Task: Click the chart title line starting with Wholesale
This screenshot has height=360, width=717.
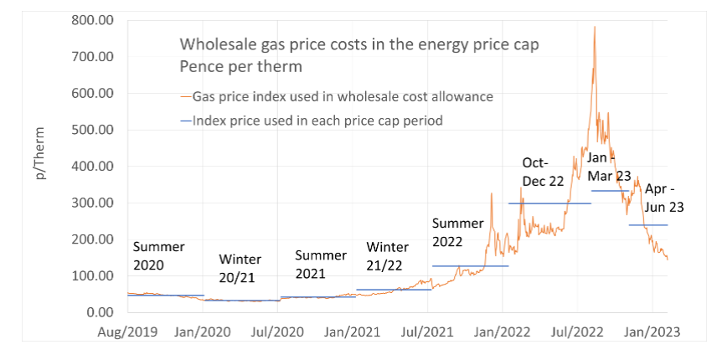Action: [x=343, y=44]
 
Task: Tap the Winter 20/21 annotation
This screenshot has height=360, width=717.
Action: [x=240, y=268]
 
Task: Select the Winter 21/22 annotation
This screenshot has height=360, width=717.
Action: [x=388, y=256]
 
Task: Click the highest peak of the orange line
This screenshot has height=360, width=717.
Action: [x=595, y=27]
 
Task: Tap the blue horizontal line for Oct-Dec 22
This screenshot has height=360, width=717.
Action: [x=549, y=203]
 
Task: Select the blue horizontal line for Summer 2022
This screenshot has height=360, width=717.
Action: [x=471, y=266]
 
